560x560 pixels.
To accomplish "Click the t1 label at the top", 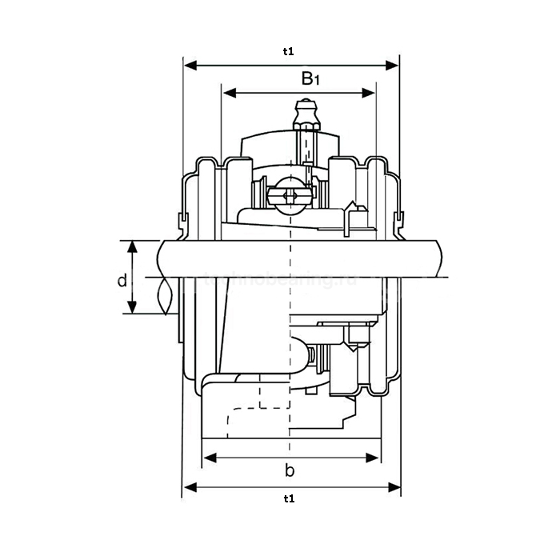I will (289, 51).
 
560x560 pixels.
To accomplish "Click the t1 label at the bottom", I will (289, 498).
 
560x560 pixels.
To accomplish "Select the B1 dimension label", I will (310, 78).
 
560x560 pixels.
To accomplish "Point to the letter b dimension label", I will (290, 470).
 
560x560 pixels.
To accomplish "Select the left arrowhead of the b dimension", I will (208, 458).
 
